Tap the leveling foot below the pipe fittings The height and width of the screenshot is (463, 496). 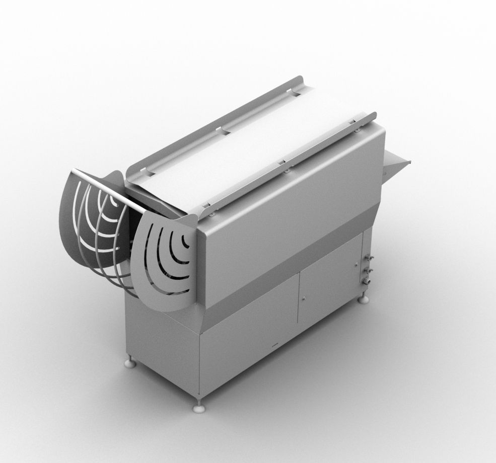364,300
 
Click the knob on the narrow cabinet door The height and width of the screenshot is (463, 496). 356,265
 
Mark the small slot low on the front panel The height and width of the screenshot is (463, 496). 274,347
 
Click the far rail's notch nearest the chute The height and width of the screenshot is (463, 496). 297,92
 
